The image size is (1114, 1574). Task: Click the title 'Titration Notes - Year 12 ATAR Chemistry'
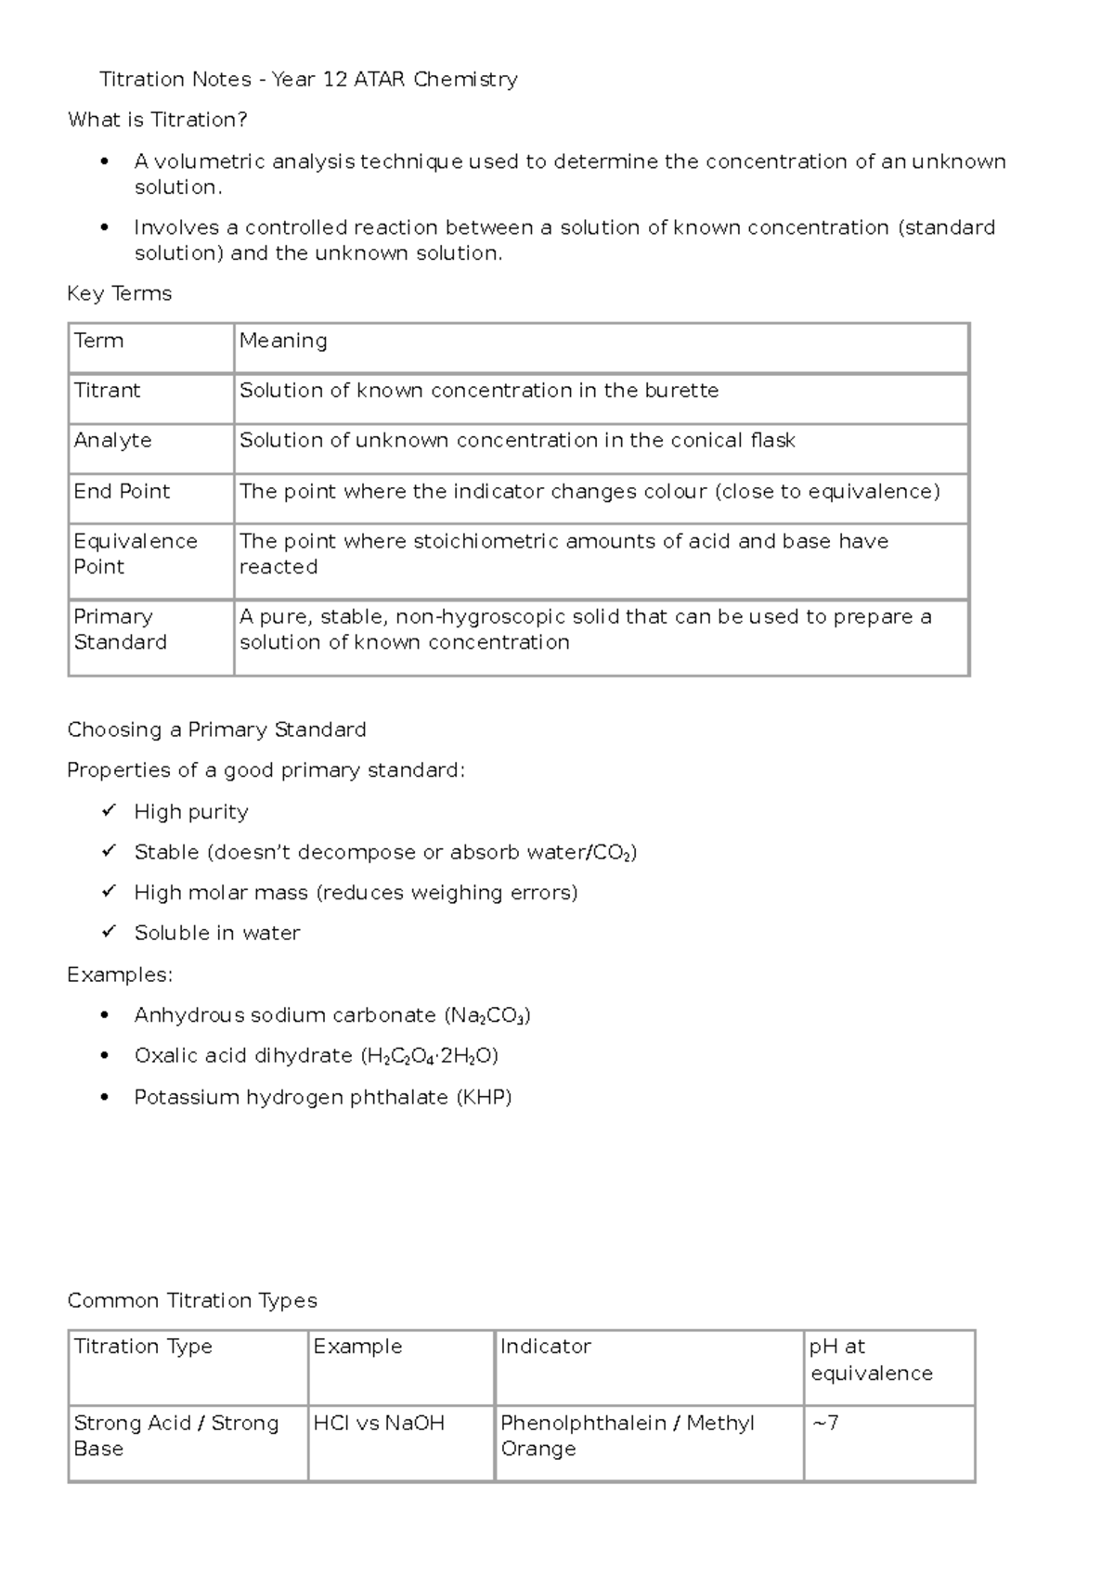click(308, 80)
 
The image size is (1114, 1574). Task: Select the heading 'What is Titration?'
click(157, 120)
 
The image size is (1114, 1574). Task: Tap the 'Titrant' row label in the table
click(107, 391)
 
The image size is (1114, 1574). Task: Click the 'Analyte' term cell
click(112, 441)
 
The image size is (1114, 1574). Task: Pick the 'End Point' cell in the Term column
click(122, 492)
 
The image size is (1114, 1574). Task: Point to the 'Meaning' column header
click(283, 341)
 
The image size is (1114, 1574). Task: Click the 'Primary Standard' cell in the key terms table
click(120, 629)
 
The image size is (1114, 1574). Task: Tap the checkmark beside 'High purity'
click(109, 811)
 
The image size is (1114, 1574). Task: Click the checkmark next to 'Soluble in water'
click(109, 932)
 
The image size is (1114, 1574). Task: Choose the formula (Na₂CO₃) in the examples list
click(487, 1016)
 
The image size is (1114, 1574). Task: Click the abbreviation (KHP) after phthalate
click(484, 1098)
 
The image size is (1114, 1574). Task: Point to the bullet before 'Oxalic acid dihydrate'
click(105, 1056)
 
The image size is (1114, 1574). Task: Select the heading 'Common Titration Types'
click(192, 1300)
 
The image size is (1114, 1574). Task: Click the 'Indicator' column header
click(545, 1347)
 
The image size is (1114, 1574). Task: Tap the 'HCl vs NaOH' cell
click(379, 1424)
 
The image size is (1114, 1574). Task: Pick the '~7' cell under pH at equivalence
click(825, 1424)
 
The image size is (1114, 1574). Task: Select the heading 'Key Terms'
click(120, 293)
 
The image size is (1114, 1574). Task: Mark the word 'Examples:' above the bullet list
click(120, 974)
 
